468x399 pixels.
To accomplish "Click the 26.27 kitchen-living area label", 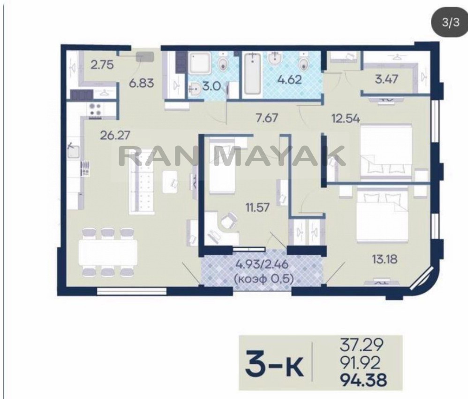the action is (x=115, y=136).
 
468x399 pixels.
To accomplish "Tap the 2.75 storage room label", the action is (x=102, y=65).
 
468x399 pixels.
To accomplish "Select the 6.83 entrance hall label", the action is (x=142, y=83).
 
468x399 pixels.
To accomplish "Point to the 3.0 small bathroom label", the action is (x=211, y=87).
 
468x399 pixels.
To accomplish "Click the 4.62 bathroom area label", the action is (x=289, y=80).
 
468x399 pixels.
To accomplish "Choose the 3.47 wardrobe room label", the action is (x=386, y=79).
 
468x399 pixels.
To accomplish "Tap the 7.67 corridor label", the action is (x=267, y=117).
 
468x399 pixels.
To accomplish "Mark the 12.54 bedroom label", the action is (x=346, y=118).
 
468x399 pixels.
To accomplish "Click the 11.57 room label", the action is (x=257, y=207).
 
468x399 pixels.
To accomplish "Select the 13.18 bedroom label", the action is (x=385, y=259).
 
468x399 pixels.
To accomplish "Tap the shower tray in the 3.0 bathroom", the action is (x=200, y=63).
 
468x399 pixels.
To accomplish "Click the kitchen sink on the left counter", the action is (x=73, y=151).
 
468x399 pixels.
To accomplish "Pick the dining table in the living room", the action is (x=108, y=252).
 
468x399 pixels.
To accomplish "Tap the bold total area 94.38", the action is (x=363, y=381).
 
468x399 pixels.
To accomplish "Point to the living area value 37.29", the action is (x=362, y=345).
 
